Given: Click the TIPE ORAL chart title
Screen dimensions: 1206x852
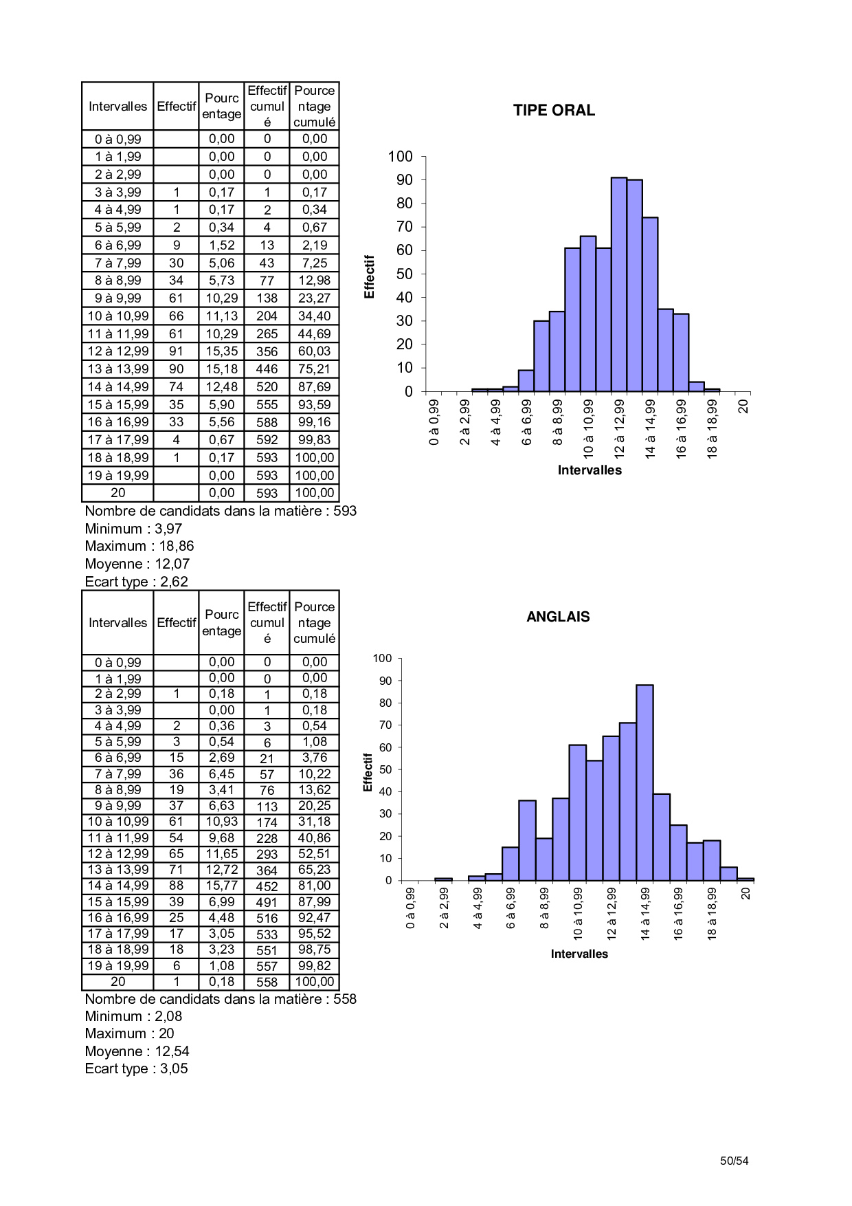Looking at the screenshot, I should pyautogui.click(x=554, y=111).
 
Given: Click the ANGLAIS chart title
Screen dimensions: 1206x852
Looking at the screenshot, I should pyautogui.click(x=558, y=617).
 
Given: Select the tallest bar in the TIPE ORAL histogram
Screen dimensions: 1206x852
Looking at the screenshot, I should pyautogui.click(x=619, y=284).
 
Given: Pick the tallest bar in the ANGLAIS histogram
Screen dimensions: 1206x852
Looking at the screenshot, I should pyautogui.click(x=644, y=782).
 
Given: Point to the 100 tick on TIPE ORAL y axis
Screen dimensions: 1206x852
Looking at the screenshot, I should pyautogui.click(x=400, y=157).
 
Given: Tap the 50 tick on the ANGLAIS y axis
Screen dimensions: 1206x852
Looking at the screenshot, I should pyautogui.click(x=385, y=769).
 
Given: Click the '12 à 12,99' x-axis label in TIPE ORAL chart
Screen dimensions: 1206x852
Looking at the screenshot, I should pyautogui.click(x=620, y=428).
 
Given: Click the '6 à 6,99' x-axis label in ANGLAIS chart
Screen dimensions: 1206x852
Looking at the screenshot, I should pyautogui.click(x=511, y=908).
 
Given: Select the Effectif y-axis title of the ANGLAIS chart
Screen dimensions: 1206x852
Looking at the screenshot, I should pyautogui.click(x=368, y=771).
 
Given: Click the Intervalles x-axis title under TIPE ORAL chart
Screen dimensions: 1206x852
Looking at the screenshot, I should pyautogui.click(x=590, y=470).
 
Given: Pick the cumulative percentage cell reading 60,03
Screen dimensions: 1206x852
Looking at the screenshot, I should pyautogui.click(x=314, y=351).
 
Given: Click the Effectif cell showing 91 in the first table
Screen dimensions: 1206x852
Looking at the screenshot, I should pyautogui.click(x=177, y=351).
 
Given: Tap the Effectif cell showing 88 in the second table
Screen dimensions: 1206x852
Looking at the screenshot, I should pyautogui.click(x=177, y=886).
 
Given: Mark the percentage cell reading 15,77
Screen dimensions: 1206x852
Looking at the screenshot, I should pyautogui.click(x=221, y=886).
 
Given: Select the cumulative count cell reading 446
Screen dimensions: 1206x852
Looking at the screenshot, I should pyautogui.click(x=267, y=369).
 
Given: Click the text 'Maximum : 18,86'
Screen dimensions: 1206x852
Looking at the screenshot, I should pyautogui.click(x=139, y=546).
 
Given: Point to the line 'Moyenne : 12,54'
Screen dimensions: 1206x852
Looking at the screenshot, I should pyautogui.click(x=137, y=1051).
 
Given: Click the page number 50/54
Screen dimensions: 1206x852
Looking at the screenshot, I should pyautogui.click(x=734, y=1161).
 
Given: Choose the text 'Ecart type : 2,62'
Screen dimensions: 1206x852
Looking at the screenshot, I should pyautogui.click(x=136, y=582).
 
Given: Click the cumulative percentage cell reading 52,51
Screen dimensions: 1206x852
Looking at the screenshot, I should pyautogui.click(x=314, y=854).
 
